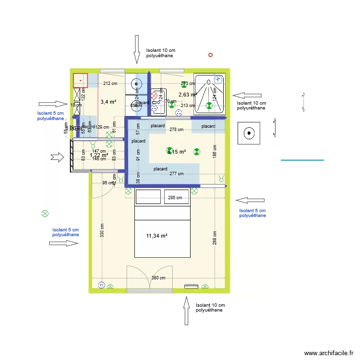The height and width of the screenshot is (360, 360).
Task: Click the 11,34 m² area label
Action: point(156,236)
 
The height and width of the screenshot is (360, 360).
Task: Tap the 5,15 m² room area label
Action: point(176,152)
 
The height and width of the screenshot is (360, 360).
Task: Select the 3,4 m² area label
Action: point(108,102)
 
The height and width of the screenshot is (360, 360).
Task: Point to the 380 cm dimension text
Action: point(158,278)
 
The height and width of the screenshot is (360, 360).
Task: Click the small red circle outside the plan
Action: point(210,55)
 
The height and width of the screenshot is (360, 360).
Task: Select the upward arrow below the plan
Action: point(186,310)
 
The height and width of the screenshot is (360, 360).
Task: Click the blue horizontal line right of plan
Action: point(302,160)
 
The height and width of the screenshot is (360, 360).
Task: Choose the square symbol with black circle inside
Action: point(249,133)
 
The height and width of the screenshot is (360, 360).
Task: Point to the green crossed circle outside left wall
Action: point(45,213)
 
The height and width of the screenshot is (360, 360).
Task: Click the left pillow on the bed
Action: point(147,197)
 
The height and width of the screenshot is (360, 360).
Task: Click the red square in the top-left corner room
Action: point(80,80)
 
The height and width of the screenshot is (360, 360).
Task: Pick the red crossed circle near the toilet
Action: point(154,96)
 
